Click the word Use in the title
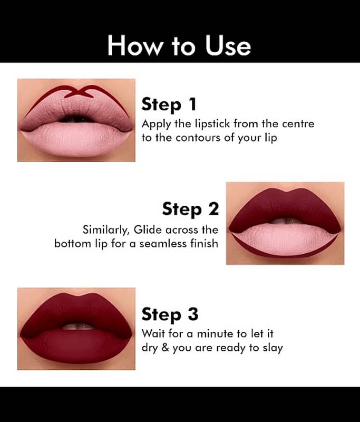tap(228, 45)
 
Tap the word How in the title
tap(135, 45)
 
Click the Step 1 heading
tap(169, 104)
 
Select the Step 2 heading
tap(191, 208)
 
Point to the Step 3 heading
tap(170, 314)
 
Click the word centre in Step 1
tap(298, 124)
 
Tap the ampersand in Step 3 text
tap(166, 348)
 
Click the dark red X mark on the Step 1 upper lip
tap(79, 91)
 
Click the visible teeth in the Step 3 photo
tap(78, 327)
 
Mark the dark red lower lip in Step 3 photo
tap(76, 347)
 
